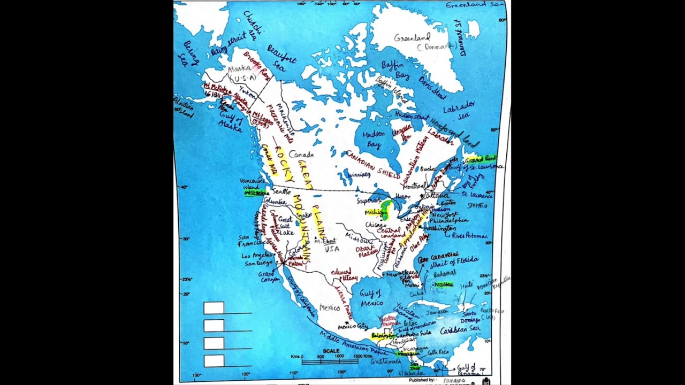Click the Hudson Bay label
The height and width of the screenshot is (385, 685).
click(373, 139)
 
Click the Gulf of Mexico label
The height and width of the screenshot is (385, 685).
click(371, 298)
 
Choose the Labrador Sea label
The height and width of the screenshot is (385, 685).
click(458, 110)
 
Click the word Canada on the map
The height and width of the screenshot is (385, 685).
click(301, 155)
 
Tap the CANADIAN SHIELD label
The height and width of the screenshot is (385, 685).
click(372, 164)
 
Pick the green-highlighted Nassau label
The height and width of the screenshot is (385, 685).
click(444, 284)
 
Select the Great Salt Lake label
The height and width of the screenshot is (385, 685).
click(286, 226)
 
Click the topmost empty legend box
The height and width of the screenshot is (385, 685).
click(214, 308)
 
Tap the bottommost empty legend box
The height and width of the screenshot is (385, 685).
click(214, 361)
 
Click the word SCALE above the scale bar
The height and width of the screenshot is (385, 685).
click(331, 351)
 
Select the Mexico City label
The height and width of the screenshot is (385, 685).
click(353, 326)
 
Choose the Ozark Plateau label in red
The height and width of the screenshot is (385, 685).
click(367, 251)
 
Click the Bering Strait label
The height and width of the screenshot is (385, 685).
click(228, 44)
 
